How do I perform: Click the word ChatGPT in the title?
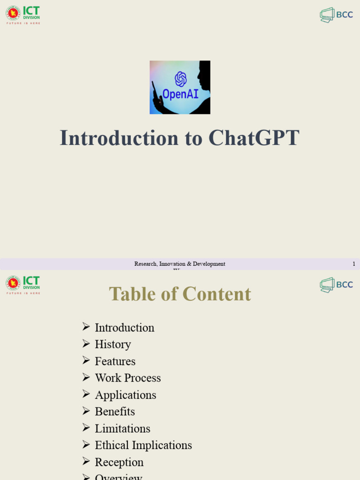(x=254, y=138)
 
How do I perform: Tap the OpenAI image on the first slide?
(x=180, y=87)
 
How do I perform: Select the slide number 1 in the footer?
(x=354, y=264)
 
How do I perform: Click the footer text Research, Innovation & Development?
(x=180, y=264)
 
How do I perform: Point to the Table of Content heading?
(x=180, y=294)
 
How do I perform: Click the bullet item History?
(x=112, y=344)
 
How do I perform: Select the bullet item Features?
(x=115, y=361)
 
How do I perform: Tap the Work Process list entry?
(x=127, y=378)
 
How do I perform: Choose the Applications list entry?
(x=125, y=395)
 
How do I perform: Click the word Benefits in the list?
(x=115, y=412)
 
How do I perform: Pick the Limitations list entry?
(x=122, y=428)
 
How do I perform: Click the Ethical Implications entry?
(x=143, y=445)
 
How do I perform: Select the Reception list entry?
(x=119, y=462)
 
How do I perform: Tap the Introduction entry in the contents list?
(x=124, y=328)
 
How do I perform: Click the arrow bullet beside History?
(x=86, y=344)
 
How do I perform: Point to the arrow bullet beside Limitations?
(x=86, y=428)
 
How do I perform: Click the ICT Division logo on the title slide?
(x=23, y=15)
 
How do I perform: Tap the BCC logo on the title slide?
(x=336, y=15)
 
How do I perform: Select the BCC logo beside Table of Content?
(x=336, y=285)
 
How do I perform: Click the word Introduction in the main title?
(x=119, y=138)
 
